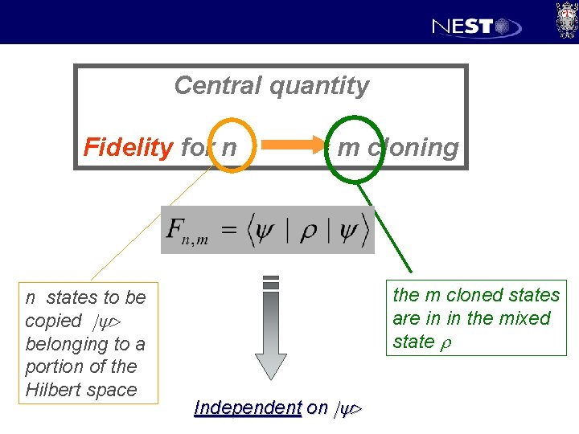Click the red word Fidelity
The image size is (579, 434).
pyautogui.click(x=128, y=148)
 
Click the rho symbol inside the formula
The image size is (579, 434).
pyautogui.click(x=307, y=229)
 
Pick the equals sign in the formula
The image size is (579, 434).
pyautogui.click(x=229, y=230)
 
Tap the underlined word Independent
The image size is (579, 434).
pyautogui.click(x=248, y=407)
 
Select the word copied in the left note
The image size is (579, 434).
pyautogui.click(x=53, y=321)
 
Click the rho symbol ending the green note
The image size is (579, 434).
pyautogui.click(x=444, y=342)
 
